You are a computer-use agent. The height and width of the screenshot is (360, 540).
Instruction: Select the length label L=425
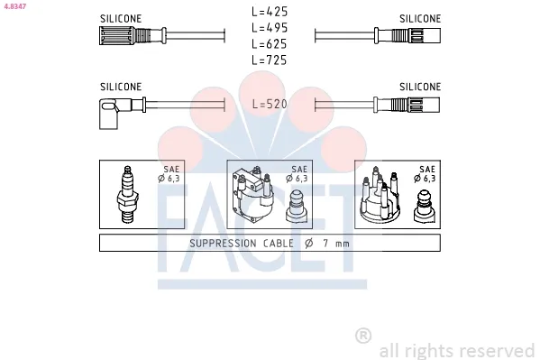[x=270, y=12]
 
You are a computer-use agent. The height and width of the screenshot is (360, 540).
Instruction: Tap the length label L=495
[x=270, y=27]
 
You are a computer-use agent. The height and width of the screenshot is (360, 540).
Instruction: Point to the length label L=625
[x=270, y=43]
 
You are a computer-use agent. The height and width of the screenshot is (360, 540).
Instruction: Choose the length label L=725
[x=270, y=60]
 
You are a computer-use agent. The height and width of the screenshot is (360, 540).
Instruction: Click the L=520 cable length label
[x=270, y=104]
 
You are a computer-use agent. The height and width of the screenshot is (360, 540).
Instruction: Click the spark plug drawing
[x=127, y=195]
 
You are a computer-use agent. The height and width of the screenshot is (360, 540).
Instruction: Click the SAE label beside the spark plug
[x=170, y=169]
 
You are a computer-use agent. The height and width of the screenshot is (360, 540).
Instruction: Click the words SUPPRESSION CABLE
[x=239, y=244]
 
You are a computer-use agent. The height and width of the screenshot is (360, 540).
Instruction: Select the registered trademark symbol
[x=363, y=336]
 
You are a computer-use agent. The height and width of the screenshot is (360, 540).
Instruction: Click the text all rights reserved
[x=456, y=350]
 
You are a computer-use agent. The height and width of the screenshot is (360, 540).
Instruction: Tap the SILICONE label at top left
[x=120, y=18]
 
